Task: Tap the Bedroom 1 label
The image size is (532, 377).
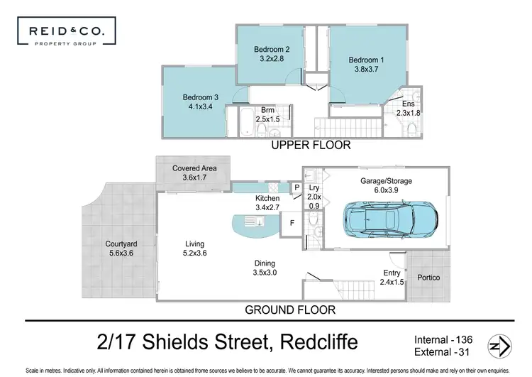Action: point(363,65)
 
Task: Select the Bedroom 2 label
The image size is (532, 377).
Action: point(269,54)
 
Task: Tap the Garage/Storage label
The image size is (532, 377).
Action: point(386,186)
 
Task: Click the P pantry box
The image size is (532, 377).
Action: point(298,187)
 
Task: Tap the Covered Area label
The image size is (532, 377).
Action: point(194,173)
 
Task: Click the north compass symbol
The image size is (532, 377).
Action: point(498,346)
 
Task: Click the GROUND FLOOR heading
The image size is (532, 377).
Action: point(289,310)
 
